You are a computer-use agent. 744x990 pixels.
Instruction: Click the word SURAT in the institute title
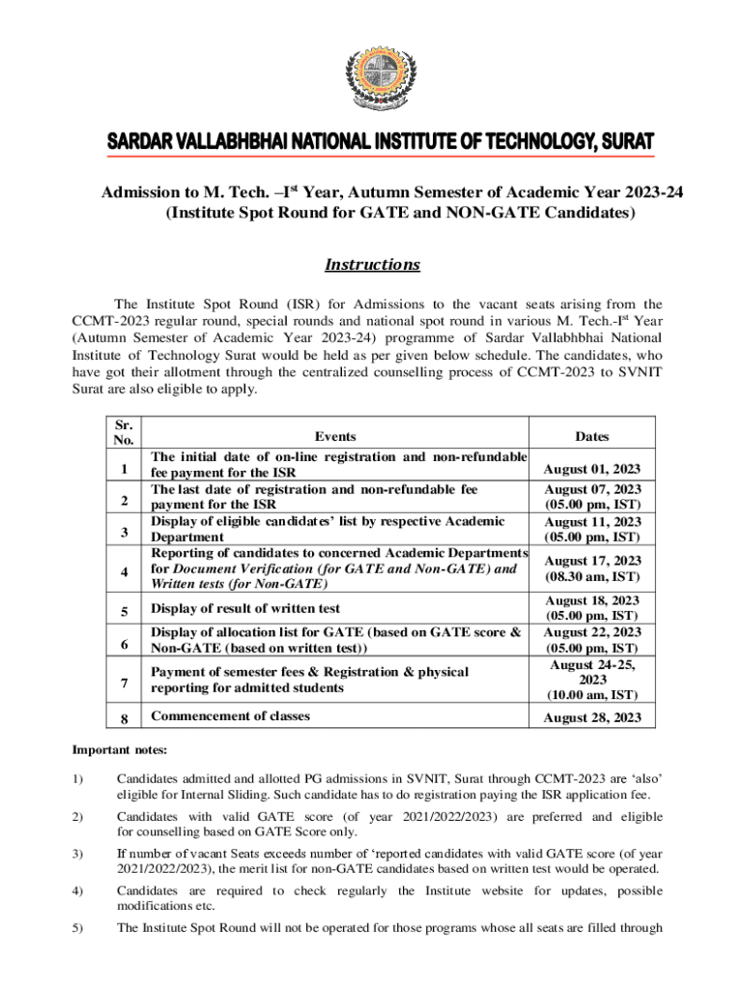click(x=619, y=140)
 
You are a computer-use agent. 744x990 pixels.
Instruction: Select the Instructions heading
click(x=372, y=265)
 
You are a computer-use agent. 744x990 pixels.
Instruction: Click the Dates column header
click(x=591, y=437)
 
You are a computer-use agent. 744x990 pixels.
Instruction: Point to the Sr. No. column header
click(x=124, y=431)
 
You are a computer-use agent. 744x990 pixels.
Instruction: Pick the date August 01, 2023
click(x=592, y=469)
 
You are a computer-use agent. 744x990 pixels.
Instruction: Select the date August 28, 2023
click(x=592, y=716)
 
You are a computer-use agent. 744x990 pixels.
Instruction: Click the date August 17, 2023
click(x=592, y=560)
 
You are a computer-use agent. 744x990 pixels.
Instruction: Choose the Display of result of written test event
click(x=245, y=609)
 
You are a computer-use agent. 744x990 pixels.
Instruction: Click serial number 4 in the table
click(x=124, y=571)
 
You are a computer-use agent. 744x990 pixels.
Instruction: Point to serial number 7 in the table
click(x=124, y=684)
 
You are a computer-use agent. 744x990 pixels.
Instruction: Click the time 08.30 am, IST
click(x=592, y=576)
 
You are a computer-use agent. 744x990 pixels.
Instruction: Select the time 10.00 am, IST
click(x=592, y=695)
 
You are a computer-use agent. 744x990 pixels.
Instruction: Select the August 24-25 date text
click(x=592, y=664)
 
